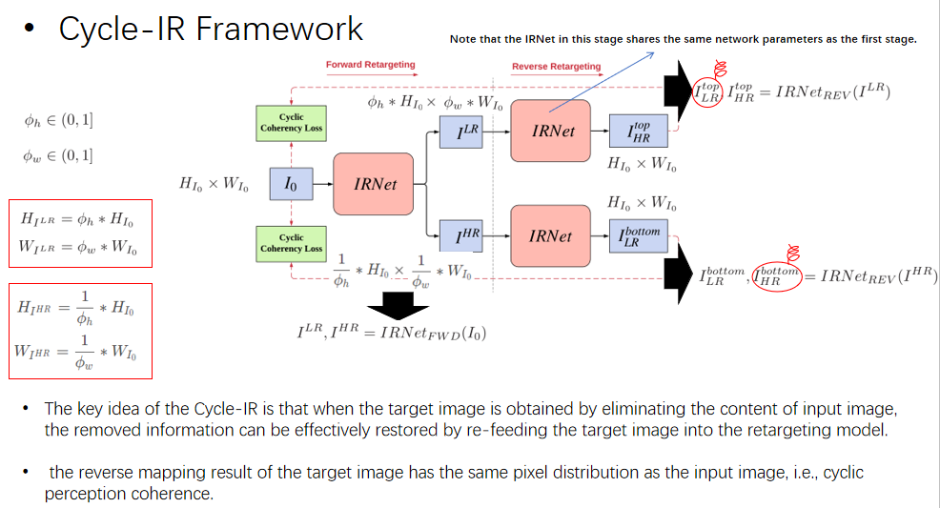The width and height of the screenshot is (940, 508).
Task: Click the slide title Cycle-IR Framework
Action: click(211, 29)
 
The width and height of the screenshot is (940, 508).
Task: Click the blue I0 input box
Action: click(292, 184)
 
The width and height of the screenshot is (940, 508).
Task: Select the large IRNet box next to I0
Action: click(376, 184)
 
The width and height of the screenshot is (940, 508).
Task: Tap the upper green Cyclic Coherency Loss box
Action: click(292, 122)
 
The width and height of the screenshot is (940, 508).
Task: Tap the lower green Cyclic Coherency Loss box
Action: click(292, 242)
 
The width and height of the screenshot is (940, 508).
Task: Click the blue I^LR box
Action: click(467, 131)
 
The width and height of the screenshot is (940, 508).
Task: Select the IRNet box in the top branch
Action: click(553, 131)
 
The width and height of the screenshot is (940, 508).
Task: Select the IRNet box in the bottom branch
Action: click(553, 234)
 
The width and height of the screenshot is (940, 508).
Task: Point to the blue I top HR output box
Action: click(639, 131)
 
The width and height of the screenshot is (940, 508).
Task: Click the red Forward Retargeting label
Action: click(371, 65)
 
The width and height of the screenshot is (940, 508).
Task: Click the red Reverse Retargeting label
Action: click(557, 67)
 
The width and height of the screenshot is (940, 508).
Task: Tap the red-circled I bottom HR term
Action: click(775, 277)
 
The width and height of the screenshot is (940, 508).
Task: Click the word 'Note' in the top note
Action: click(462, 39)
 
